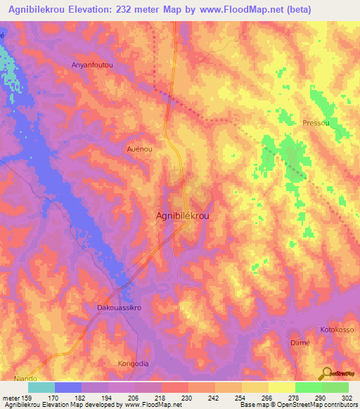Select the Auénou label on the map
(x=139, y=149)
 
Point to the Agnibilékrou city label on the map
(x=181, y=217)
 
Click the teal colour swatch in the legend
(x=41, y=387)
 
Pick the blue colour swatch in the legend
(x=68, y=387)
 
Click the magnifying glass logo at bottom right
(x=327, y=373)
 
